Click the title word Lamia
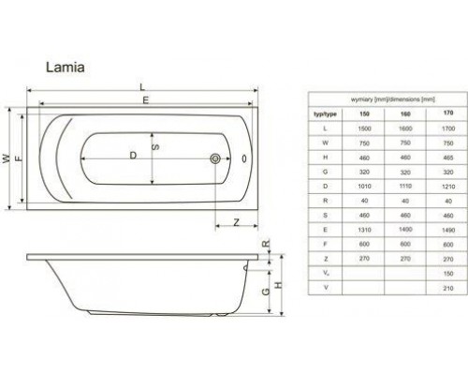tap(66, 67)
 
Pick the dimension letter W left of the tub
tap(7, 157)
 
